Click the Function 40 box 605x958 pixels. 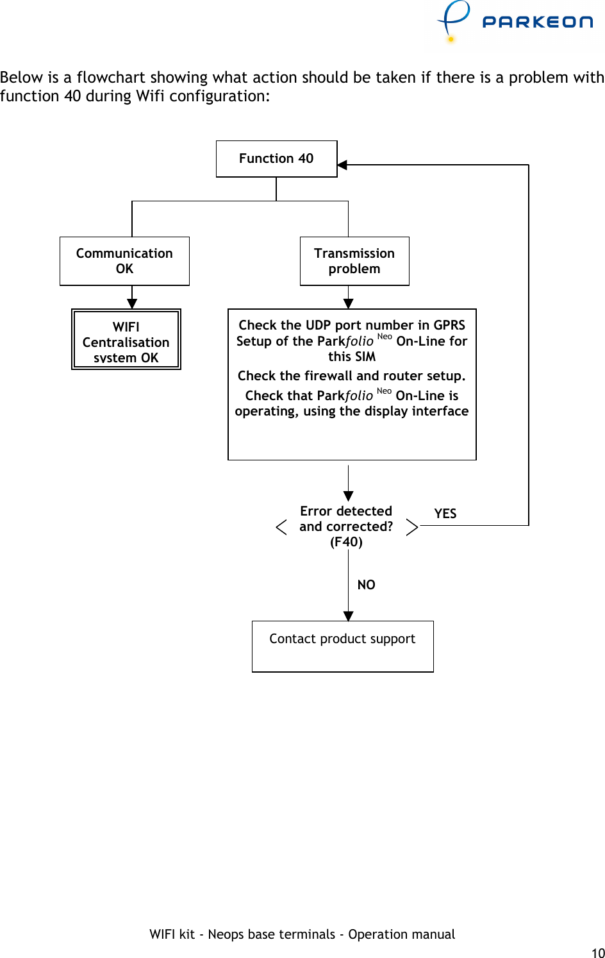(276, 158)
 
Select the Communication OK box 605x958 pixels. (124, 261)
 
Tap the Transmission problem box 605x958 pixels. (354, 261)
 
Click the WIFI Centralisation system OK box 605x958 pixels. (126, 340)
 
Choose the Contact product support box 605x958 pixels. (342, 646)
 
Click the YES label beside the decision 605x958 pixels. (445, 514)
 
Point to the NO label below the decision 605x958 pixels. (366, 585)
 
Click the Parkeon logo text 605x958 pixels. (537, 22)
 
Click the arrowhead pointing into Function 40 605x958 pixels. (342, 165)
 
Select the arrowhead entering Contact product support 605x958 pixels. (348, 616)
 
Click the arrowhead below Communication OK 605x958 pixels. (132, 304)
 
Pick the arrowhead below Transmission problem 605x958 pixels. (348, 304)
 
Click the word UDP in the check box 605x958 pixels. (318, 325)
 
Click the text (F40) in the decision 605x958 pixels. (346, 542)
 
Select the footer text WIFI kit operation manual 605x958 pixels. (302, 934)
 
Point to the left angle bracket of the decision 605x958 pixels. (281, 527)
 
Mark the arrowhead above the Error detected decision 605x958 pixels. (348, 496)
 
